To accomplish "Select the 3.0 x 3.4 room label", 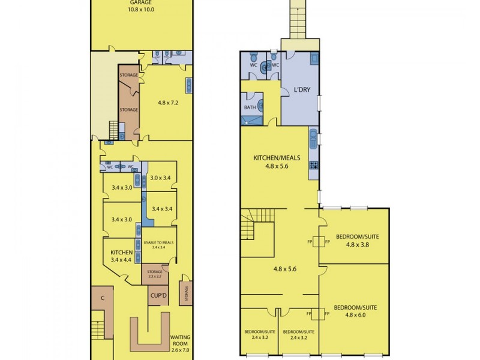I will coord(161,178).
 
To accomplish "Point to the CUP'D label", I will coord(158,296).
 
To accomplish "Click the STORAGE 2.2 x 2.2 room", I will coord(155,274).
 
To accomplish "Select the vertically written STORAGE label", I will coord(187,295).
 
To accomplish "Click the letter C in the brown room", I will coord(103,298).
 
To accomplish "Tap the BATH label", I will coord(250,108).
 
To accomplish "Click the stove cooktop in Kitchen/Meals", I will coord(313,164).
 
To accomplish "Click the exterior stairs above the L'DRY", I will coord(298,20).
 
